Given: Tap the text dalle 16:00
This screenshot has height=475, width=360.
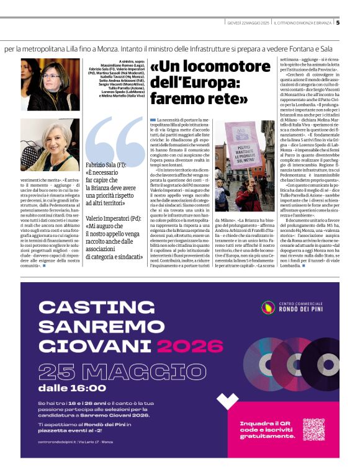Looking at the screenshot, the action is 72,389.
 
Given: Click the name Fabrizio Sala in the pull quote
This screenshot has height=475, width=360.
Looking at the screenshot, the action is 102,166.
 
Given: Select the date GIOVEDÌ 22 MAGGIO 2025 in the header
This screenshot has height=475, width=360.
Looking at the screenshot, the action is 248,23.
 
